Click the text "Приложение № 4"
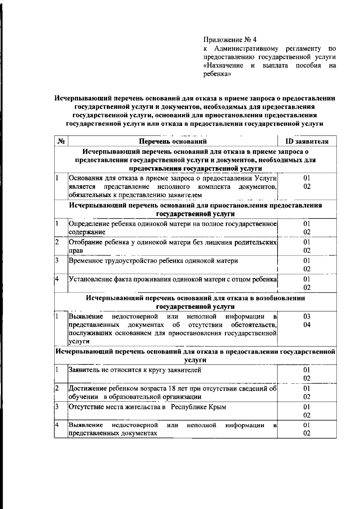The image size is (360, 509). point(230,40)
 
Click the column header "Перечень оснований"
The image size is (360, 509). point(173,141)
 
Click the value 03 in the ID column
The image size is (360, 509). point(307,316)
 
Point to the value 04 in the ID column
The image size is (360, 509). point(307,325)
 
